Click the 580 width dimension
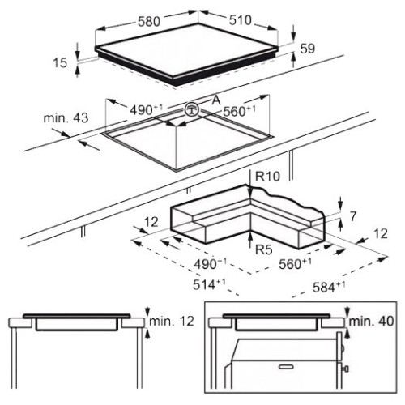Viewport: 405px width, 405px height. (149, 22)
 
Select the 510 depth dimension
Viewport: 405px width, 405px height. (241, 20)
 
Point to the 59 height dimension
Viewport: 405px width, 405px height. (308, 49)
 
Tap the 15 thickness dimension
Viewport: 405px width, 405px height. (60, 63)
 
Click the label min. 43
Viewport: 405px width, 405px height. (66, 118)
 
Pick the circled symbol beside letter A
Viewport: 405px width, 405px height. (192, 109)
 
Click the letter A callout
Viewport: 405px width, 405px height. (216, 100)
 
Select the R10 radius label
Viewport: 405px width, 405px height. (267, 177)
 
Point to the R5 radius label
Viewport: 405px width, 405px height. (264, 249)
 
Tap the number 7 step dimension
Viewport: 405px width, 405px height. (353, 216)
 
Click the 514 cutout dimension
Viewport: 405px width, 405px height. (209, 284)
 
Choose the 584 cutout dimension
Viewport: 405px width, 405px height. (329, 287)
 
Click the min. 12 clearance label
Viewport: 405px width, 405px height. (172, 322)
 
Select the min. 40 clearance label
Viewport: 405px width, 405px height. (371, 322)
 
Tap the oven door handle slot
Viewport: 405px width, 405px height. (287, 367)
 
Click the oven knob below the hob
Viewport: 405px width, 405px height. (346, 369)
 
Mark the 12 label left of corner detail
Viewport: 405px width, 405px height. (151, 222)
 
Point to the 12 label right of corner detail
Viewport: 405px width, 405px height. (381, 234)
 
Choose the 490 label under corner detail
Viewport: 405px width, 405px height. (210, 264)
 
